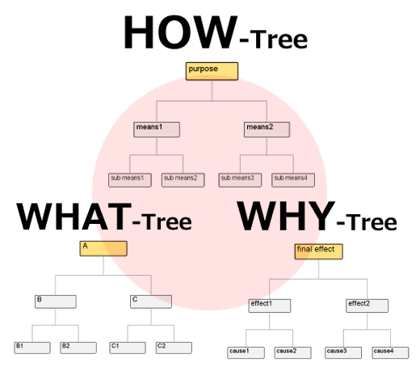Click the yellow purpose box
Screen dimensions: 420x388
pyautogui.click(x=212, y=71)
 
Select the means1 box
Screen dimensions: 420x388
pyautogui.click(x=157, y=129)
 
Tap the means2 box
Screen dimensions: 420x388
pyautogui.click(x=267, y=129)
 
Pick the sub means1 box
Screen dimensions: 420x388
pyautogui.click(x=130, y=180)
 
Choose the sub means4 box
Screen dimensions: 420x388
pyautogui.click(x=293, y=180)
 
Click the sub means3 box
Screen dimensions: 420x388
pyautogui.click(x=240, y=180)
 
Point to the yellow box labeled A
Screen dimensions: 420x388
pyautogui.click(x=103, y=248)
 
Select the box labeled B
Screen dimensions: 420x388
pyautogui.click(x=56, y=302)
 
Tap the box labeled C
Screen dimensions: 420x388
pyautogui.click(x=151, y=302)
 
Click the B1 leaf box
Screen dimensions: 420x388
pyautogui.click(x=32, y=348)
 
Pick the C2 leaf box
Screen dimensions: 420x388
pyautogui.click(x=174, y=348)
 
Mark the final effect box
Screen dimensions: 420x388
pyautogui.click(x=318, y=251)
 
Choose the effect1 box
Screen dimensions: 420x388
pyautogui.click(x=270, y=306)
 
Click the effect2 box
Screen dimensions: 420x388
pyautogui.click(x=367, y=306)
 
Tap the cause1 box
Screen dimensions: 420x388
pyautogui.click(x=246, y=352)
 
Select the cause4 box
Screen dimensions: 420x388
pyautogui.click(x=390, y=352)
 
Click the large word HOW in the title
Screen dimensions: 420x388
pyautogui.click(x=180, y=32)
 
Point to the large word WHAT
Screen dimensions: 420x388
pyautogui.click(x=74, y=217)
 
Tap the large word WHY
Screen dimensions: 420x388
pyautogui.click(x=286, y=216)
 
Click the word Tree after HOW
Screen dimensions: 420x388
pyautogui.click(x=279, y=40)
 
